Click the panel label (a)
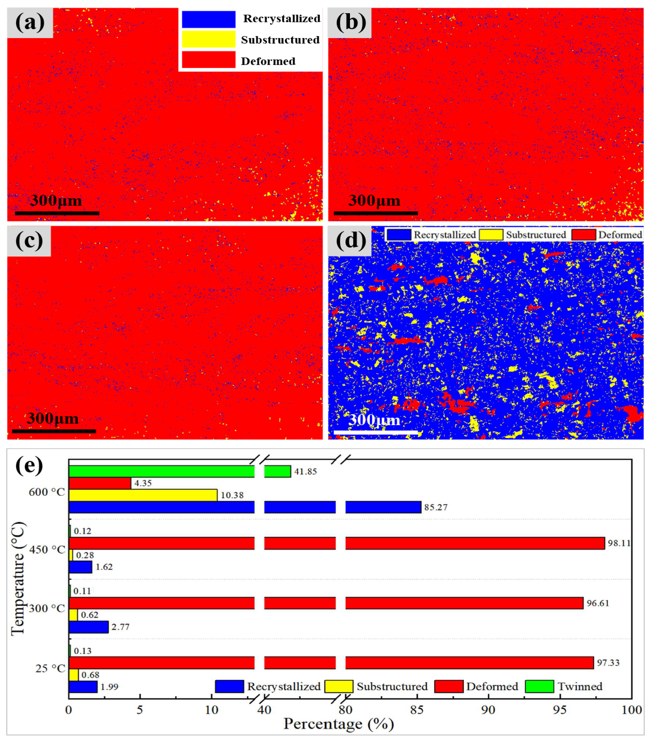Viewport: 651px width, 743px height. click(x=30, y=23)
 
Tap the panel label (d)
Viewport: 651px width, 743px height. click(x=350, y=241)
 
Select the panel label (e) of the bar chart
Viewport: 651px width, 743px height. click(x=29, y=466)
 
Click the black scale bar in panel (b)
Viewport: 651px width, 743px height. click(x=375, y=213)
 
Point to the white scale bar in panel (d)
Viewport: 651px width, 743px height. click(x=376, y=432)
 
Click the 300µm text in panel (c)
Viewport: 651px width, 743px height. click(x=53, y=419)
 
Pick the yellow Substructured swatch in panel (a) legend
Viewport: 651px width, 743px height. click(x=208, y=39)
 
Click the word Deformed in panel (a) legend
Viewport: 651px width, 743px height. click(x=268, y=61)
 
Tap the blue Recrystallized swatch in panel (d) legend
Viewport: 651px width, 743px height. click(x=399, y=235)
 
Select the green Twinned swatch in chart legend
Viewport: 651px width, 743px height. click(x=539, y=686)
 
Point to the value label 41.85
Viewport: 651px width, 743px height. click(x=305, y=472)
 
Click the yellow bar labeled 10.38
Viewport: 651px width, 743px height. click(x=143, y=495)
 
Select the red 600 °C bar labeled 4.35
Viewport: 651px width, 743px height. click(x=100, y=483)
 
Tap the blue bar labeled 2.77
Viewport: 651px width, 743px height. click(x=88, y=627)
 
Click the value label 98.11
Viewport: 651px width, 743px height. click(x=619, y=543)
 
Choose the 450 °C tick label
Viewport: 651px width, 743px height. click(x=47, y=550)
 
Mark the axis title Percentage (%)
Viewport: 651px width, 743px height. click(x=339, y=724)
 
